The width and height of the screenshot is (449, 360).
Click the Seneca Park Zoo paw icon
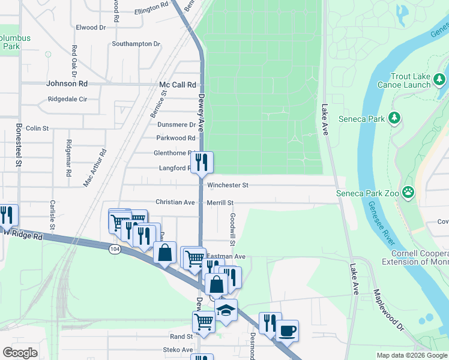[x=409, y=193]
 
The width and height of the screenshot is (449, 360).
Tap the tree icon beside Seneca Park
[x=395, y=118]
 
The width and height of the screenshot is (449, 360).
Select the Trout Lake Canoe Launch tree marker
[x=439, y=79]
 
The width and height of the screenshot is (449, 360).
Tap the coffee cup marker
[x=287, y=331]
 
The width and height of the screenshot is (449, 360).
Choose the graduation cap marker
[x=226, y=310]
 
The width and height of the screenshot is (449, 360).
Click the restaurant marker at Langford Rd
[x=202, y=162]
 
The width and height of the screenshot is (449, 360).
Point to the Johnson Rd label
[x=67, y=85]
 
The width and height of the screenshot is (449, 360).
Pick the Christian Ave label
[x=175, y=202]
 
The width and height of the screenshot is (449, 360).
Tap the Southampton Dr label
[x=136, y=44]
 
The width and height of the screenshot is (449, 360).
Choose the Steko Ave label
[x=178, y=350]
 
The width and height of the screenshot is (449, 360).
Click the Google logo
[x=20, y=353]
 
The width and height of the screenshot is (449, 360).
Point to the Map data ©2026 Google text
[x=411, y=355]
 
